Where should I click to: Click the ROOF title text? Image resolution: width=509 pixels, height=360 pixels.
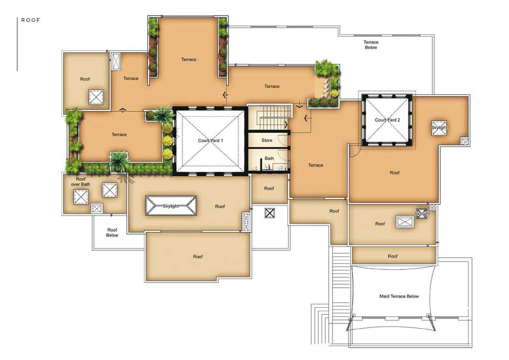pos(31,20)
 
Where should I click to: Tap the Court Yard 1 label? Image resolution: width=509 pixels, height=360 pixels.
pos(210,141)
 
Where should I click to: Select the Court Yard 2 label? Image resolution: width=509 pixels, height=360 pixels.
pos(387,120)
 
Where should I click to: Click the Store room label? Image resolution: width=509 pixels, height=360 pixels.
pos(267,141)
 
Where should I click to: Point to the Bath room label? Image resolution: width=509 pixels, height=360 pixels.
pos(269,158)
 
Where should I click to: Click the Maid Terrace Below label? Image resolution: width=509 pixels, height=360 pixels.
pos(399,296)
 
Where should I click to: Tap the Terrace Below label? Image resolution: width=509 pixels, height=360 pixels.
pos(371,45)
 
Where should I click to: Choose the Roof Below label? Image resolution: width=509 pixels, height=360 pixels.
pos(112,232)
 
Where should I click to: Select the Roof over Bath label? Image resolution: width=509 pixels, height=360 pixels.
pos(81,181)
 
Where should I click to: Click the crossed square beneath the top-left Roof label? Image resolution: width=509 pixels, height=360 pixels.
pos(96,97)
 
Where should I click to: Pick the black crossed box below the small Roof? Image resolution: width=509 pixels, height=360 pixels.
pos(270,213)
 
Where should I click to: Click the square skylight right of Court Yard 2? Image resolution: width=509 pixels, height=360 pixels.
pos(439,128)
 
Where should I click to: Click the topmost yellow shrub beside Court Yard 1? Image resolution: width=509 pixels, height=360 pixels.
pos(168,129)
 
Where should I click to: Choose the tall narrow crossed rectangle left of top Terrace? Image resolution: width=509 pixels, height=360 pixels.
pos(116,61)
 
